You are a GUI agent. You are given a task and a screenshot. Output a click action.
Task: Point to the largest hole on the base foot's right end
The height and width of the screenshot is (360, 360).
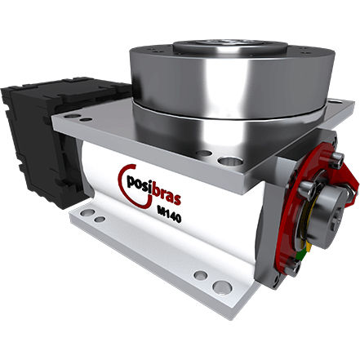pyautogui.click(x=220, y=287)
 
